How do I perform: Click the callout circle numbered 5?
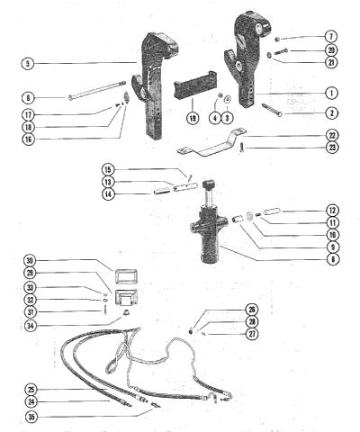pos(28,64)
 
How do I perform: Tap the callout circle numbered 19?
pos(193,118)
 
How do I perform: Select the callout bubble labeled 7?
pos(331,37)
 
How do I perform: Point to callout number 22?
pos(332,135)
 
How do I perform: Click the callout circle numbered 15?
pos(108,169)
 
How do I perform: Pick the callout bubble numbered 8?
pos(332,259)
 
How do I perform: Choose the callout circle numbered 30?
pos(31,260)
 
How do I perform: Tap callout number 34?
pos(31,326)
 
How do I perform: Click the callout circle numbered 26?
pos(252,310)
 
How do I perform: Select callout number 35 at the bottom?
pos(31,417)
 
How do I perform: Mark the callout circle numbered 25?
pos(31,390)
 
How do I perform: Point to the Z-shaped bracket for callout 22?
pos(211,143)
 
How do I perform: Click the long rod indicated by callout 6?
pos(96,89)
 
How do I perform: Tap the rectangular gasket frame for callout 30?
pos(125,276)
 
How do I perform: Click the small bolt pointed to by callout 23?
pos(241,148)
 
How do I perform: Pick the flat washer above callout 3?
pos(228,98)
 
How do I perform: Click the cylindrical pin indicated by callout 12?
pos(272,211)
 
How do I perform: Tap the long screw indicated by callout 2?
pos(272,110)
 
